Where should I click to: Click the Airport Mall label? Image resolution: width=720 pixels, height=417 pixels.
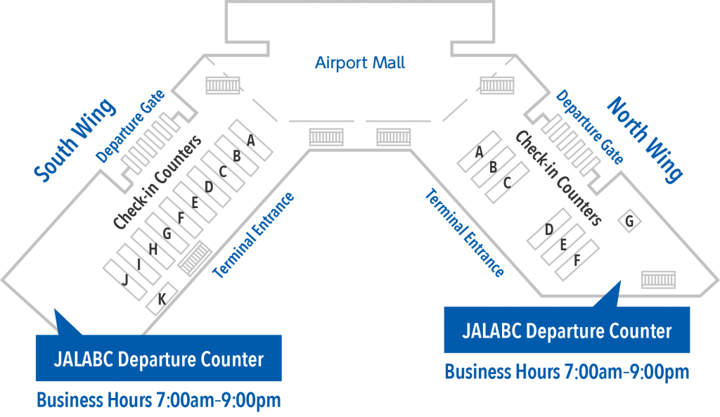click(360, 63)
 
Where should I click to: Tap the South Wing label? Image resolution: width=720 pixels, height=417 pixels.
click(75, 141)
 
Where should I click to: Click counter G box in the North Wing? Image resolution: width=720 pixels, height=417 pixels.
click(630, 222)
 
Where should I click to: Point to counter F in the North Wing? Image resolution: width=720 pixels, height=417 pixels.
click(577, 259)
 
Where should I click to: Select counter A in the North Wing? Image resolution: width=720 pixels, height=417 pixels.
click(479, 152)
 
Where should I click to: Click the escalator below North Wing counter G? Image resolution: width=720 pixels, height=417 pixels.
click(658, 280)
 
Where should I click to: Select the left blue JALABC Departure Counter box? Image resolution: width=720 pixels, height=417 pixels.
click(158, 359)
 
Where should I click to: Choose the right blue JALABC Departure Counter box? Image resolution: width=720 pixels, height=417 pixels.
click(567, 330)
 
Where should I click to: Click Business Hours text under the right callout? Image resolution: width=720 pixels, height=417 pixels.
click(567, 371)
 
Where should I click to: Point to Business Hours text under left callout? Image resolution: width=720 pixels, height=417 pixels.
click(158, 401)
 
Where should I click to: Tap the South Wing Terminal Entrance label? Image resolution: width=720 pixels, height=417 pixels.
click(253, 235)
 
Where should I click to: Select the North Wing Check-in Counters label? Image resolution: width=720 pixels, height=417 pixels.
click(558, 179)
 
